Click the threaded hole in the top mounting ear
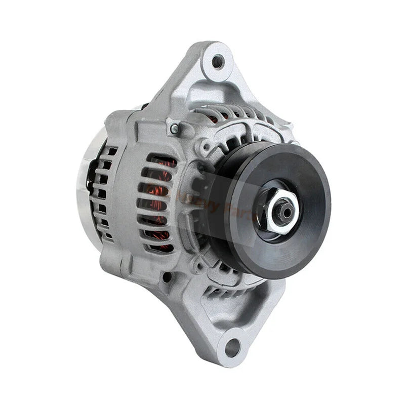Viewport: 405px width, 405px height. pyautogui.click(x=218, y=62)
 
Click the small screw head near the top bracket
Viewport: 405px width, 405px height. pyautogui.click(x=175, y=129)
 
